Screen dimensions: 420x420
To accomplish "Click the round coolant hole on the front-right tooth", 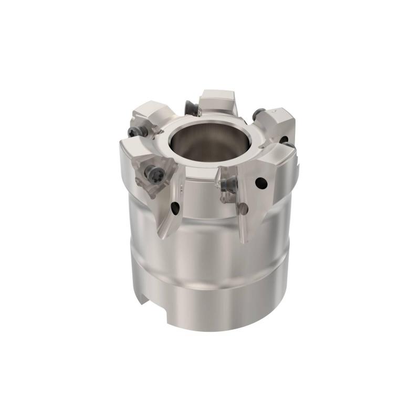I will (259, 183).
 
